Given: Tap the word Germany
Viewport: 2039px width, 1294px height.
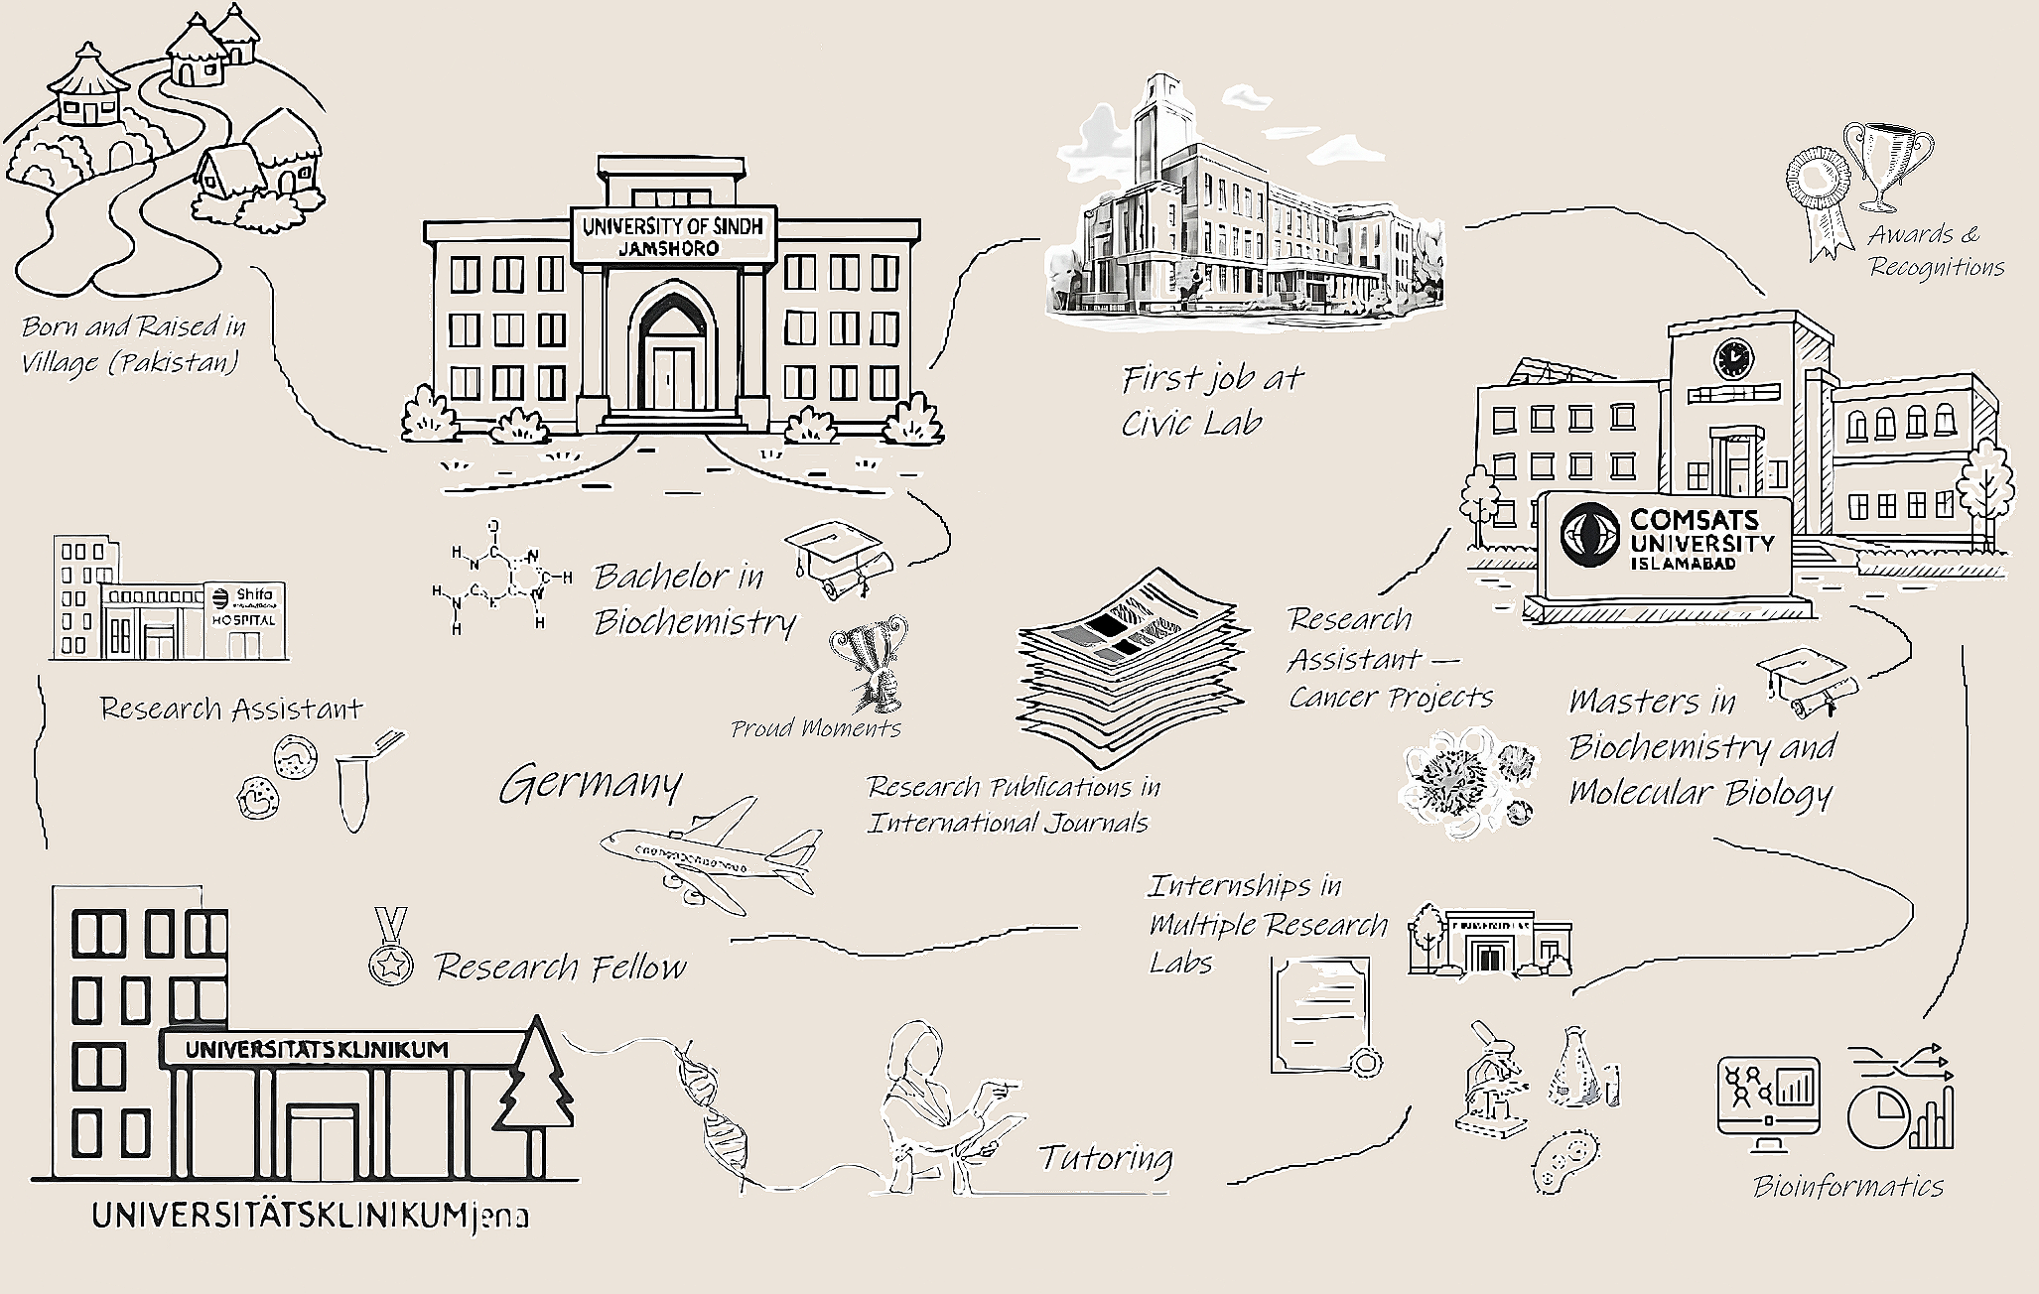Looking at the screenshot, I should tap(591, 786).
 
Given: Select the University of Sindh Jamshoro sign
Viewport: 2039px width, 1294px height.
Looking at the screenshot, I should tap(672, 236).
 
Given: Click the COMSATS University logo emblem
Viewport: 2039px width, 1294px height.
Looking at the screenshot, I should tap(1591, 536).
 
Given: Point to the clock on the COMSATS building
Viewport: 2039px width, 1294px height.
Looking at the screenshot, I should tap(1733, 358).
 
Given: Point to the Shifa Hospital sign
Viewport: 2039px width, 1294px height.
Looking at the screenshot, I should tap(244, 606).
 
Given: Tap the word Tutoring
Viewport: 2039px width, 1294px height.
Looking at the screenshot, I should tap(1105, 1158).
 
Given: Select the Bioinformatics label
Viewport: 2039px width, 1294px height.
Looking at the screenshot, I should tap(1847, 1186).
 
